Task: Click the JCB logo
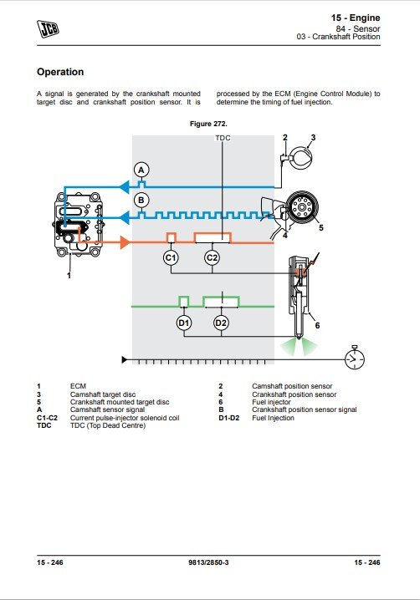48,28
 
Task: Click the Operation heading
60,72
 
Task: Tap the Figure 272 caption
208,124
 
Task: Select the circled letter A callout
141,170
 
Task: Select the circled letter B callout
141,200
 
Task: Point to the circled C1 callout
171,258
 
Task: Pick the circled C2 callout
212,258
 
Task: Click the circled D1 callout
184,323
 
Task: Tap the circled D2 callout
221,323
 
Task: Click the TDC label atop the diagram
223,138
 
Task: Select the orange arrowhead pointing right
125,242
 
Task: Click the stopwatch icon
355,358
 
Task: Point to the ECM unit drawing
78,224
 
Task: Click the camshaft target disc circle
301,157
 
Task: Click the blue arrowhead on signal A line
123,187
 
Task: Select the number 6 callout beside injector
317,326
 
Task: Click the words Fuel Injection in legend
273,418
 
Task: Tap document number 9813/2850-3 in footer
208,562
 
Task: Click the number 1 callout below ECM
69,276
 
